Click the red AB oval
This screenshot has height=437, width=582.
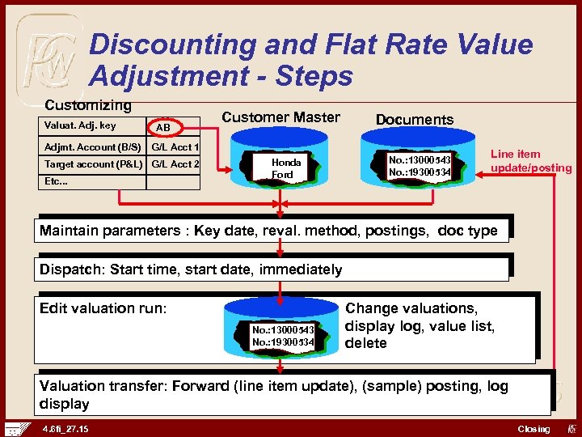coord(163,128)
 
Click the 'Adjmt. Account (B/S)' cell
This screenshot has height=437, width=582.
coord(92,147)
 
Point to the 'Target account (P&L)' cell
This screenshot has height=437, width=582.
coord(92,164)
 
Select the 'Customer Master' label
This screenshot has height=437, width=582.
coord(280,117)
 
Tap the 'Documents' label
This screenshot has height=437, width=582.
coord(415,120)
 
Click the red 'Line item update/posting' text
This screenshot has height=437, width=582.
coord(530,161)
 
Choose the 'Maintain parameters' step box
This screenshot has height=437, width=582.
coord(274,231)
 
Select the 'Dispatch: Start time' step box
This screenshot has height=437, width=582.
coord(274,269)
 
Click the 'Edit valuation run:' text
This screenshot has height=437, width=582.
coord(103,308)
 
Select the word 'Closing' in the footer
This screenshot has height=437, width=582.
coord(533,429)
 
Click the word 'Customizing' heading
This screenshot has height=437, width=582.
coord(87,105)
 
